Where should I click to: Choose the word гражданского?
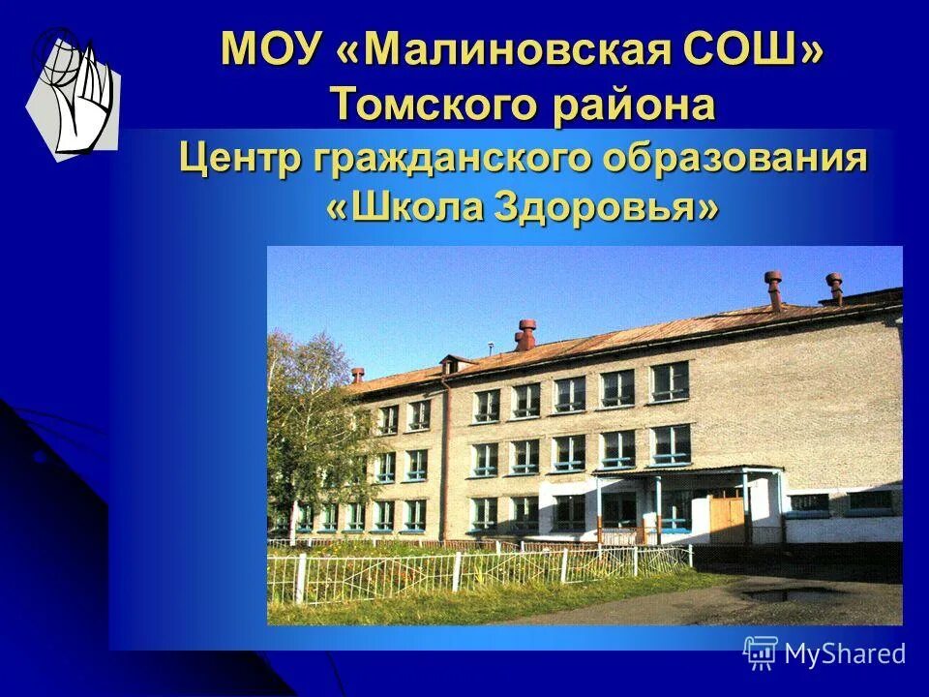451,157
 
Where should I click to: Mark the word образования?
734,157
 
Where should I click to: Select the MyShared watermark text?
845,653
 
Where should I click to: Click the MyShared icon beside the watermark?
761,653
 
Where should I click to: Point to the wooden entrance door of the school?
727,518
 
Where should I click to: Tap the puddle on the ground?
789,593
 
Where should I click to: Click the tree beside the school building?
308,426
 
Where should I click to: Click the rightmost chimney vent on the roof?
834,288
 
